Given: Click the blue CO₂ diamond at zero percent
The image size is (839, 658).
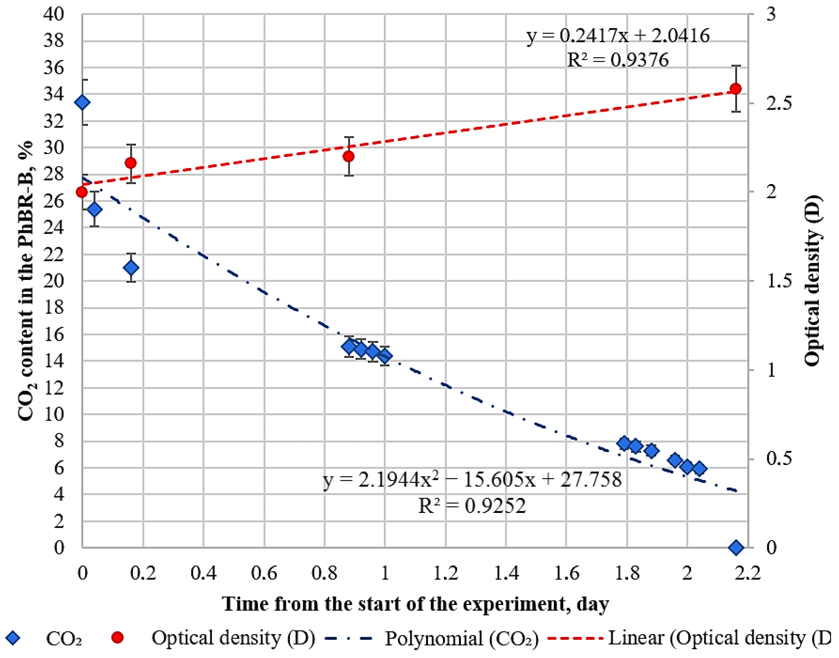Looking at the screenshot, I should [736, 547].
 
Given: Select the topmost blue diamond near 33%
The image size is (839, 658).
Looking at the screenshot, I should [82, 102].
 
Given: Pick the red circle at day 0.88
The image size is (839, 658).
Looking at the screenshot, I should [349, 156].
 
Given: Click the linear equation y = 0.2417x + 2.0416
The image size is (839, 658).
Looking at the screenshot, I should [618, 36].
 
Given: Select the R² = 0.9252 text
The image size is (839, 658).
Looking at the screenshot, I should [472, 506].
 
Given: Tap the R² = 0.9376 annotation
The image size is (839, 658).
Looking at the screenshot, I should [618, 60].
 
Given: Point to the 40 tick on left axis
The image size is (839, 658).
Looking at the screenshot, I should [54, 15].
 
